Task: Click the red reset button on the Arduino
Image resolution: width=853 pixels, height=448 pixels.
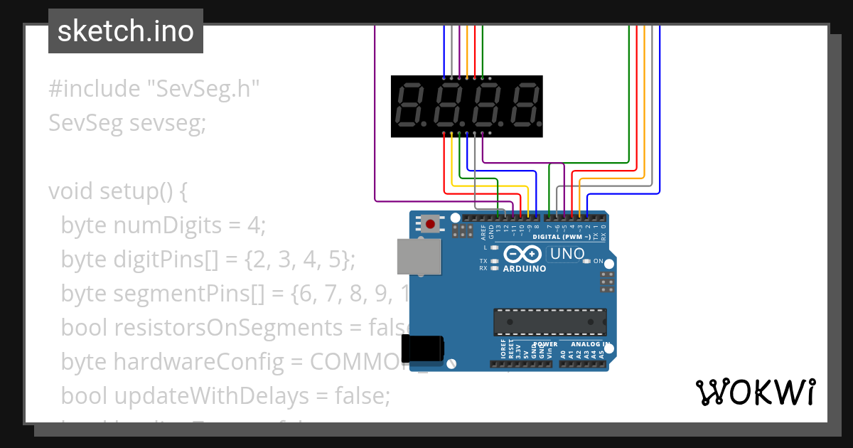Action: click(x=430, y=225)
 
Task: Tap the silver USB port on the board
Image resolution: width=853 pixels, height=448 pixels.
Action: click(x=418, y=257)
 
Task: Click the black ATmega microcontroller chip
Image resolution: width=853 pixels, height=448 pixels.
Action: click(x=551, y=321)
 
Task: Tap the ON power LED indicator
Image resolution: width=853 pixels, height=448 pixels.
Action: click(x=586, y=262)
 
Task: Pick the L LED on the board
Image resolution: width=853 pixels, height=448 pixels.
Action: click(x=494, y=247)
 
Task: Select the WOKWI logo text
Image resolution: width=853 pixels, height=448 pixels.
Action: click(x=755, y=392)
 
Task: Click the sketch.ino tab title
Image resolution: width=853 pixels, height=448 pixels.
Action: click(x=126, y=31)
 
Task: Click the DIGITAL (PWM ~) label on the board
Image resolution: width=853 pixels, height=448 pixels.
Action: click(x=561, y=236)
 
